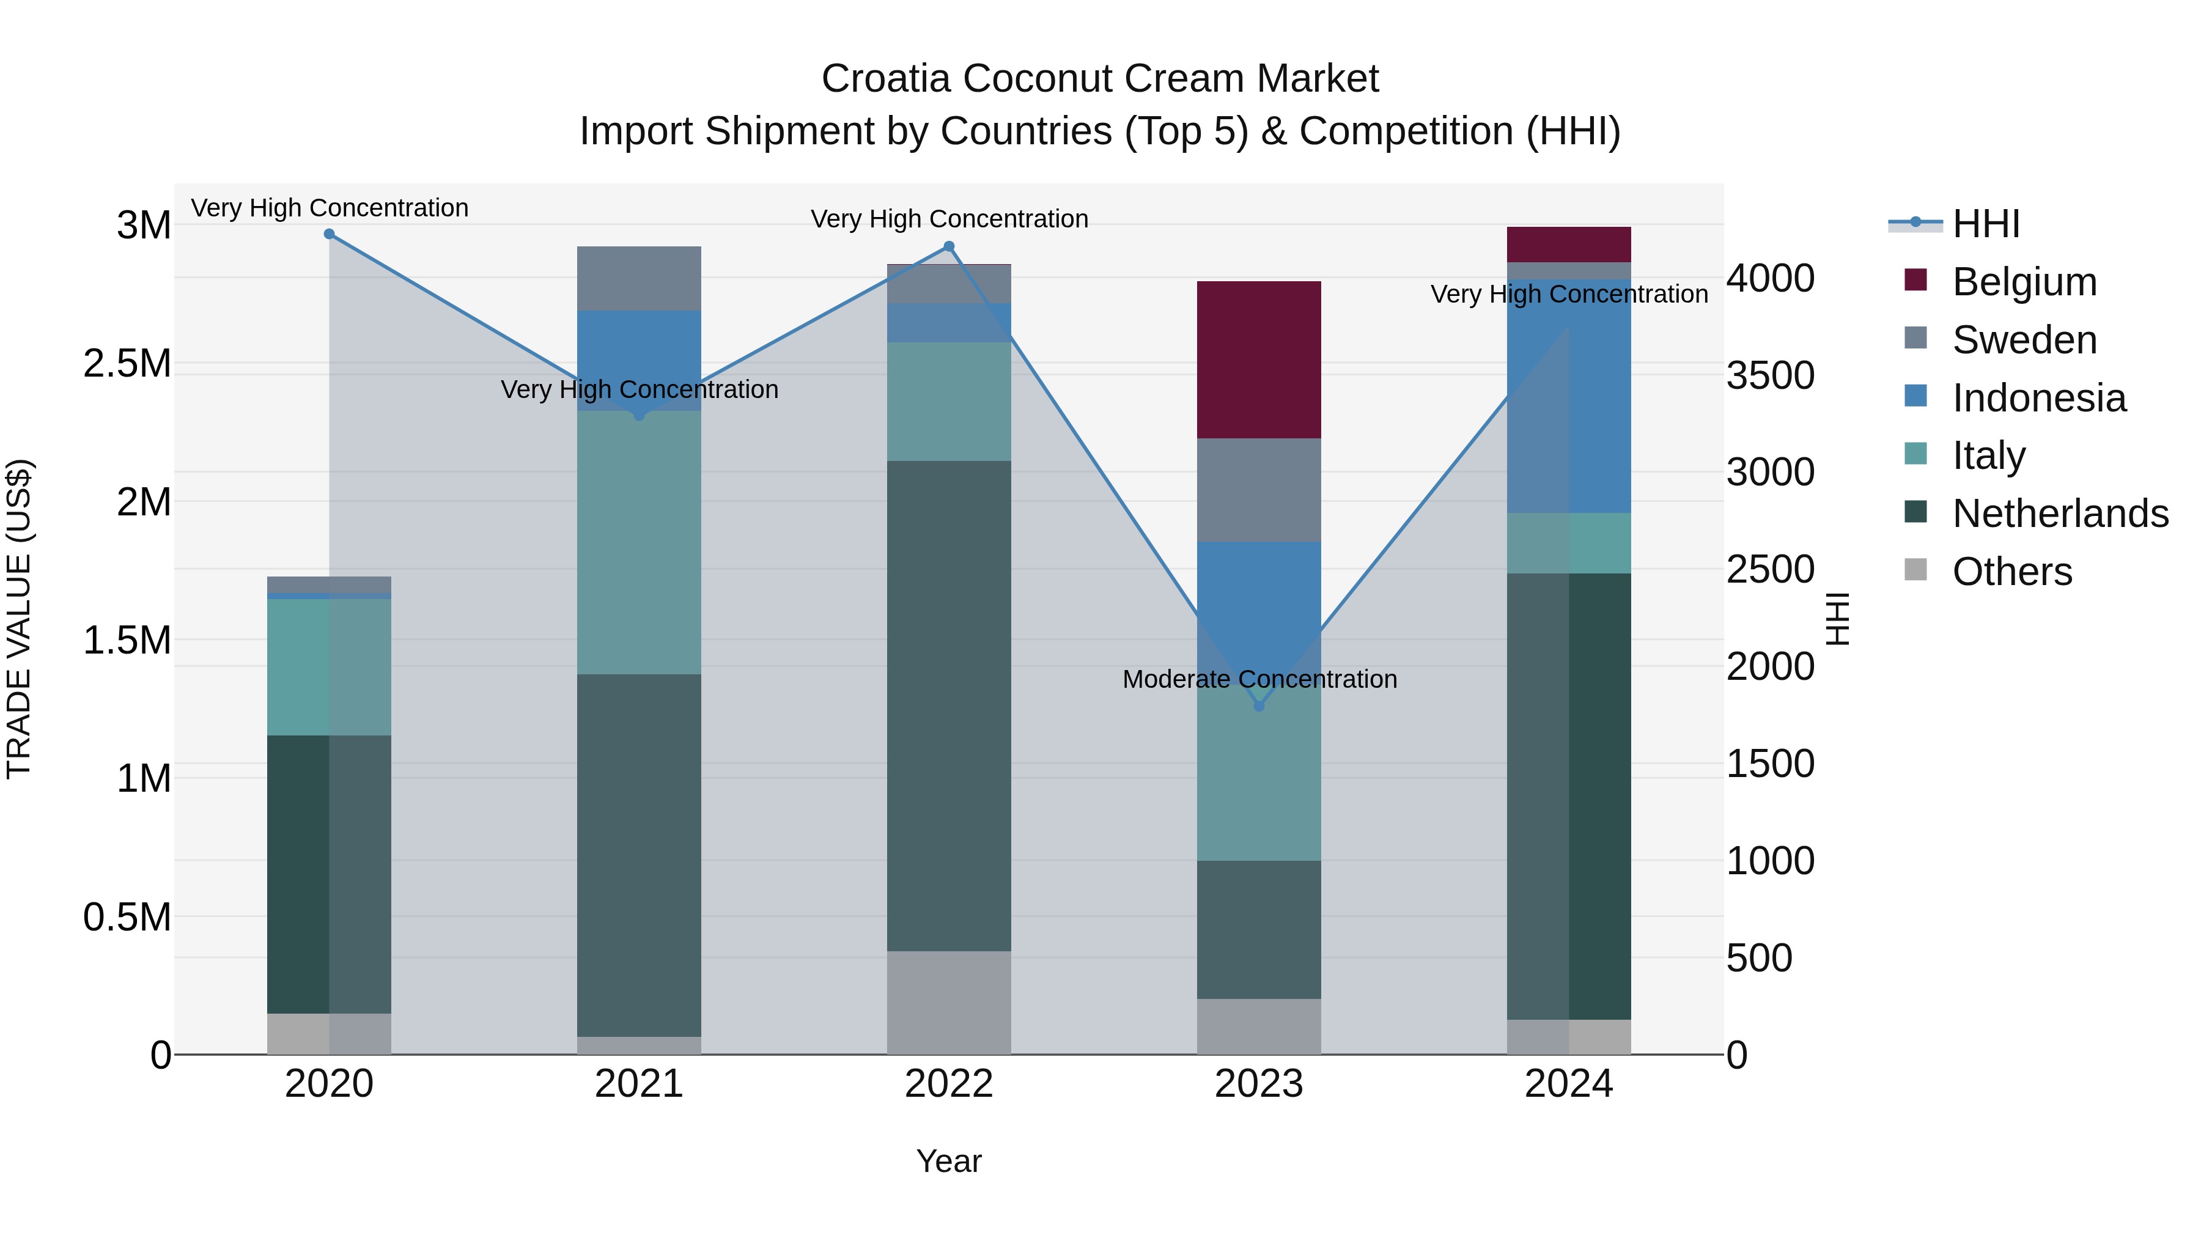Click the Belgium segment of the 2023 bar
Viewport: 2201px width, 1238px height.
coord(1259,359)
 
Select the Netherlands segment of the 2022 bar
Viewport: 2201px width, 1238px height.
coord(948,706)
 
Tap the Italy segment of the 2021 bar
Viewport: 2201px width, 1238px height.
coord(639,542)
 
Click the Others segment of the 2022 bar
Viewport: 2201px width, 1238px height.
coord(948,1002)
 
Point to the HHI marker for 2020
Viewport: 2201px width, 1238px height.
coord(330,234)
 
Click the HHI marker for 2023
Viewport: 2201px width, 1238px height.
coord(1259,707)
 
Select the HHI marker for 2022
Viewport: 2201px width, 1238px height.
coord(948,247)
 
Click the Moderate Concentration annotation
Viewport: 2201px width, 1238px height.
coord(1259,679)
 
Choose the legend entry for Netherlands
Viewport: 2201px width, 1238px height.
coord(2060,514)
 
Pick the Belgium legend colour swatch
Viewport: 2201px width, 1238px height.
coord(1915,280)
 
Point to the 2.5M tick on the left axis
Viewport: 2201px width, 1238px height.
coord(127,364)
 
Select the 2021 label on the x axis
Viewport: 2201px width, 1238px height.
coord(639,1084)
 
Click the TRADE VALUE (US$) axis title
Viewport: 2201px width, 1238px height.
coord(19,619)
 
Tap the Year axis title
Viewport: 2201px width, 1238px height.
coord(948,1161)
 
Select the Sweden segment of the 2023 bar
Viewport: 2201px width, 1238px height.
coord(1259,490)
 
